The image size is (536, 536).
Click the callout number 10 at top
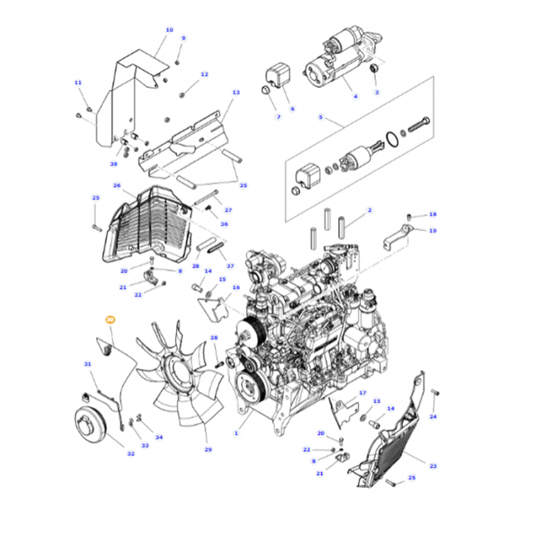(170, 30)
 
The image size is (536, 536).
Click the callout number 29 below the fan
(208, 450)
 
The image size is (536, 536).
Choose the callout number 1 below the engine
(237, 433)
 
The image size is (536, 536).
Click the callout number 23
(432, 466)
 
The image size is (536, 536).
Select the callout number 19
(432, 230)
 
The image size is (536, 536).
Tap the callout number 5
(320, 117)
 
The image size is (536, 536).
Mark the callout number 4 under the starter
(355, 97)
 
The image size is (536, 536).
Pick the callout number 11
(78, 82)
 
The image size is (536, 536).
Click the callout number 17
(362, 392)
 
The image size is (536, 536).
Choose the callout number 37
(230, 266)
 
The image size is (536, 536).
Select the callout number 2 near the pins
(369, 211)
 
